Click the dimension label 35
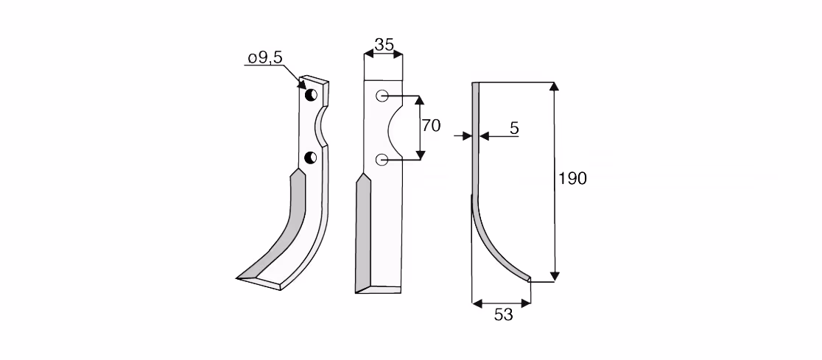point(384,45)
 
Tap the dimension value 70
point(431,126)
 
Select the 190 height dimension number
point(572,179)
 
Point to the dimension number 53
point(503,314)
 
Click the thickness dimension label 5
point(514,128)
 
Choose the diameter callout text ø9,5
point(265,57)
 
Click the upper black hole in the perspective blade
point(311,95)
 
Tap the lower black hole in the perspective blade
point(310,158)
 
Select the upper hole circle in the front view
point(382,96)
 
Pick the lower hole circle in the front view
point(382,159)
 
